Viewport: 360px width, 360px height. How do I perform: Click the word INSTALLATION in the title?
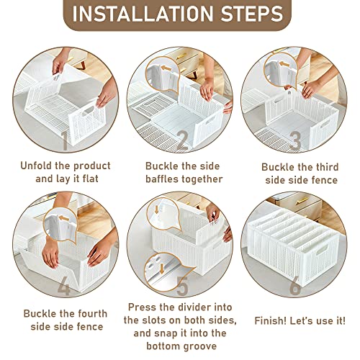[x=143, y=14]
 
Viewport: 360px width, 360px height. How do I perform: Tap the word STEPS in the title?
[x=252, y=14]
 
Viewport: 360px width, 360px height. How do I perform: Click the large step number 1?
[x=65, y=140]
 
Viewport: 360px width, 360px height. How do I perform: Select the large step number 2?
[x=183, y=140]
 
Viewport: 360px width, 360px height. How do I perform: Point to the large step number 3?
[x=295, y=140]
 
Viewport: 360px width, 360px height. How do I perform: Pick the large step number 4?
[x=64, y=286]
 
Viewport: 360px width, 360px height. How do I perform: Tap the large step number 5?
[x=183, y=286]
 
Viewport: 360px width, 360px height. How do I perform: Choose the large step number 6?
[x=295, y=286]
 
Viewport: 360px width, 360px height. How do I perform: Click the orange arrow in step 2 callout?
[x=166, y=68]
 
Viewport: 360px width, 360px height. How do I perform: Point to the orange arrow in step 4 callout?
[x=64, y=218]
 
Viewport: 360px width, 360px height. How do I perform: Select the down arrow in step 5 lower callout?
[x=162, y=269]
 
